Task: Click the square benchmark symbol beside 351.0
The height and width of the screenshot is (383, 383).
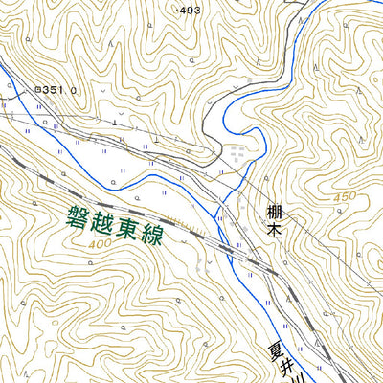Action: [37, 89]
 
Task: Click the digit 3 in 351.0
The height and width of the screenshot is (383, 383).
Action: [48, 89]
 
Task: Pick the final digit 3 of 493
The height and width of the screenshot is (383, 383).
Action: [197, 10]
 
